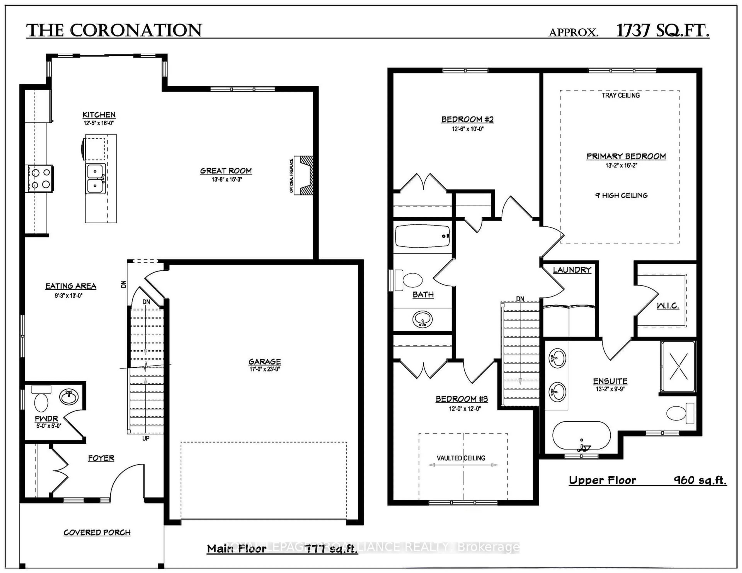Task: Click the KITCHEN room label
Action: click(99, 115)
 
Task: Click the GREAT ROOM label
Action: click(226, 171)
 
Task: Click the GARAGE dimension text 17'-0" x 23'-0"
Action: click(265, 369)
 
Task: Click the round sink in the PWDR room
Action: click(69, 397)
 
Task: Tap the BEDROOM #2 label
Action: click(467, 120)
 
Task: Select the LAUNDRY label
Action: click(572, 270)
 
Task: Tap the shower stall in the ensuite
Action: click(678, 367)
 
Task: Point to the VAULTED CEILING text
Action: click(461, 458)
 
